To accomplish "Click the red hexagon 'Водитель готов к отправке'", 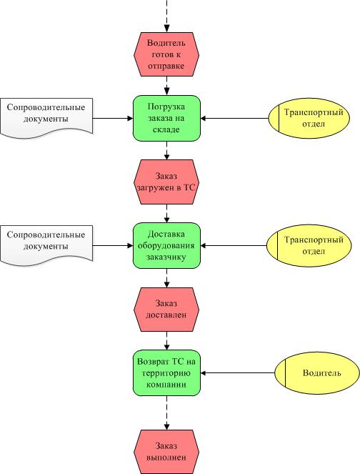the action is click(166, 54).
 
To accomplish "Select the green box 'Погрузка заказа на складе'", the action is click(166, 118).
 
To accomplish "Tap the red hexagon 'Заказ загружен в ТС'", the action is click(166, 182).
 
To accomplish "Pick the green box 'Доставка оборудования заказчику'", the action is click(166, 245).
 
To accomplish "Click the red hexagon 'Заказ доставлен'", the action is click(166, 310).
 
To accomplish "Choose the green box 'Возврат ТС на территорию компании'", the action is click(166, 373).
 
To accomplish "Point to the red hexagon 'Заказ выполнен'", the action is click(166, 452).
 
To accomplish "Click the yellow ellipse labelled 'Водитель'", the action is click(317, 373).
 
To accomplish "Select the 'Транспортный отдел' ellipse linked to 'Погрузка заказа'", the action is click(309, 118).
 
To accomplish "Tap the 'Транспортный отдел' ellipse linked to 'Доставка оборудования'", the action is click(309, 245).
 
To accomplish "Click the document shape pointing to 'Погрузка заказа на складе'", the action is click(46, 118).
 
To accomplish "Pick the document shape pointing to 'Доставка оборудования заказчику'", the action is click(46, 245).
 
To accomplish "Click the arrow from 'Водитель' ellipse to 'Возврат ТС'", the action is click(238, 373).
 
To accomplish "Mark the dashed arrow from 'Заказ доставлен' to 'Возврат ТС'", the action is click(166, 341).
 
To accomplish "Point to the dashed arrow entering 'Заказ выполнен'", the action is click(166, 413).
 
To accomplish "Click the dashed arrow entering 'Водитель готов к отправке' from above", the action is click(166, 16).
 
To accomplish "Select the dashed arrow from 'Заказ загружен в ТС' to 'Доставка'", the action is click(166, 214).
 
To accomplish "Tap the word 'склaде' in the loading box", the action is click(166, 129).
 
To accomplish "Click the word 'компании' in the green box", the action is click(166, 385).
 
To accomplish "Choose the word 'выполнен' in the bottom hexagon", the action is click(166, 458).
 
